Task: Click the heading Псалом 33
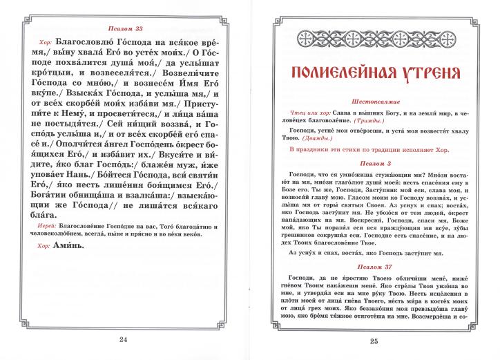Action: click(126, 28)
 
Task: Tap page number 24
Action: click(124, 339)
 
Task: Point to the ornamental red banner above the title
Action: click(374, 38)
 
